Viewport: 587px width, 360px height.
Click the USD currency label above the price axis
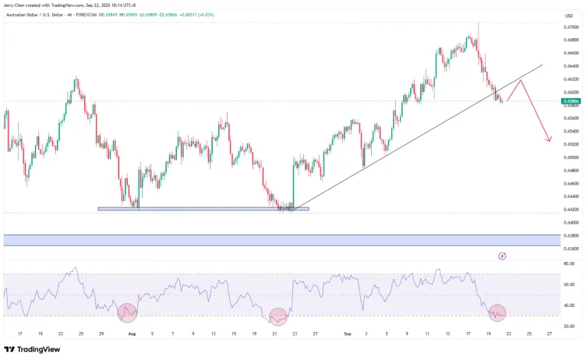pos(568,16)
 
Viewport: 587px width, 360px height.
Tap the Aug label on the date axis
pos(132,333)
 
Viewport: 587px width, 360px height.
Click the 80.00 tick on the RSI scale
pos(569,263)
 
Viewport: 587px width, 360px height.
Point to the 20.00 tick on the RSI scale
pos(569,326)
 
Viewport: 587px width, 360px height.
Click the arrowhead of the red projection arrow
pos(550,140)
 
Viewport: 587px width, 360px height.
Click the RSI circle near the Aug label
pos(127,313)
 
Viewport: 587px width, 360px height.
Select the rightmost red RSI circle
pos(497,313)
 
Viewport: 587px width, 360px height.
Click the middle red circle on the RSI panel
pos(278,316)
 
